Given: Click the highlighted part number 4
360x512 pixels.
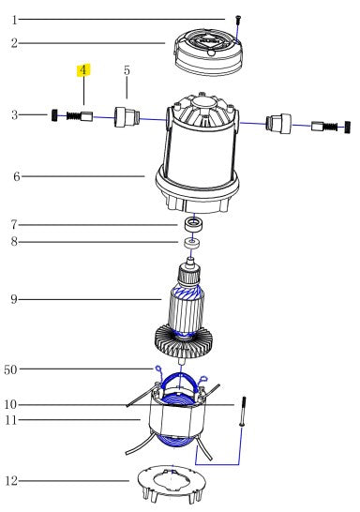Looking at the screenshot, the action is [83, 70].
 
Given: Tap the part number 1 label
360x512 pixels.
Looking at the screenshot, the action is [14, 21].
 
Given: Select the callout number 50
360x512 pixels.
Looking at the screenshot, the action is [10, 369].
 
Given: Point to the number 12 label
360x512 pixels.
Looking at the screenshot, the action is [10, 481].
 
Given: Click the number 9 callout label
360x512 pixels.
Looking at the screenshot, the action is [14, 299].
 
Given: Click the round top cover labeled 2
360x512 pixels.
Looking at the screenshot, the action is [209, 53].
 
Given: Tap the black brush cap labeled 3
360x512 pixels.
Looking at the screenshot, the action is [54, 115].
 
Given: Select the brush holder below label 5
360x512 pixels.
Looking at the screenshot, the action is [127, 117].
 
